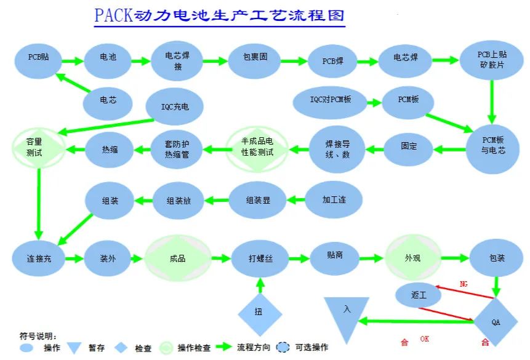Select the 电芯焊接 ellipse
coord(177,61)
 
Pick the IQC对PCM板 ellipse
coord(330,100)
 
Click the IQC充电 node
coord(175,106)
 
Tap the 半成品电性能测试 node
coord(257,148)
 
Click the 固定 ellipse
coord(409,146)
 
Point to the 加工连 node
coord(333,200)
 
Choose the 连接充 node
coord(39,258)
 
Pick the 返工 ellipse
coord(419,295)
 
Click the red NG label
coord(464,284)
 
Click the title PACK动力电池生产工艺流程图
coord(219,15)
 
